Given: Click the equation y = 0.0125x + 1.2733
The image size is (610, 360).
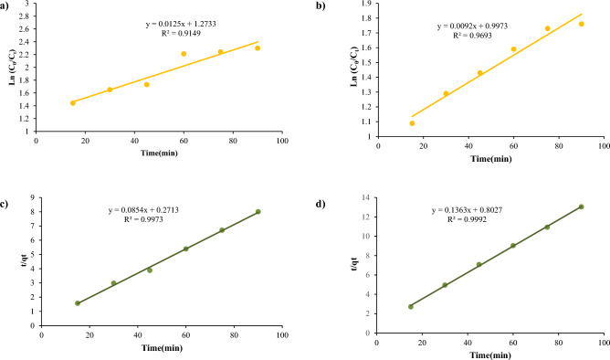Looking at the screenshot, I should click(x=185, y=23).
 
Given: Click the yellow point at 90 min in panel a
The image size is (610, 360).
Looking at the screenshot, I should click(x=258, y=48).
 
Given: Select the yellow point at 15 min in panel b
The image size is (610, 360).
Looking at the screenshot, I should click(x=412, y=123).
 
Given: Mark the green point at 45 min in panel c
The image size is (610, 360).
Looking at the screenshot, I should click(x=150, y=270).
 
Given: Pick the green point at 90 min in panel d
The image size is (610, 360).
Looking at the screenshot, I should click(x=581, y=207).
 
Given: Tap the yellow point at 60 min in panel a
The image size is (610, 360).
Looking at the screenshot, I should click(x=184, y=54).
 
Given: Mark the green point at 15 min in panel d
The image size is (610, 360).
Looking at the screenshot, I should click(x=411, y=307).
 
